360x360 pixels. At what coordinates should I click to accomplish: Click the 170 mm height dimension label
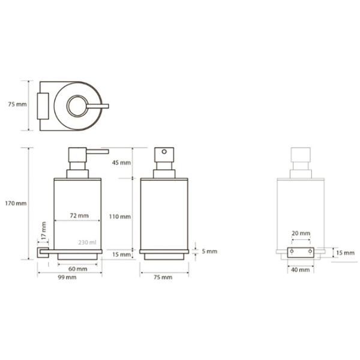click(x=16, y=203)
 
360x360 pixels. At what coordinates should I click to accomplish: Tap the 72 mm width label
click(x=79, y=215)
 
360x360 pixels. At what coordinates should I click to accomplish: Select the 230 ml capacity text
click(x=87, y=242)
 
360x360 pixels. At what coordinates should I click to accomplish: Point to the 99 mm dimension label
click(x=67, y=277)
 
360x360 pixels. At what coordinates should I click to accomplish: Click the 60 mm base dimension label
click(x=78, y=269)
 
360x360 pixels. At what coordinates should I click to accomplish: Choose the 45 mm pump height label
click(x=121, y=163)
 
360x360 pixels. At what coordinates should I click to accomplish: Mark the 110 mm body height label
click(x=120, y=217)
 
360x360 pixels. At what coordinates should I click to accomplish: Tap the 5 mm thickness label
click(x=209, y=251)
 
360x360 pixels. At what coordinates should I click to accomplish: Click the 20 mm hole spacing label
click(x=301, y=233)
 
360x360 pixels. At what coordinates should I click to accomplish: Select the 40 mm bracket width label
click(x=301, y=270)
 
